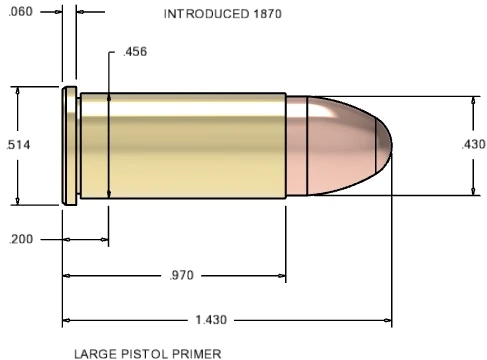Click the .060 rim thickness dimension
coord(21,12)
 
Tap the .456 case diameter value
coord(135,52)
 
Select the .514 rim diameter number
coord(18,145)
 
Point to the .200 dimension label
coord(21,239)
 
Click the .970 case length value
coord(181,275)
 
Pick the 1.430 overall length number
coord(211,320)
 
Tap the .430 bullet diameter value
coord(473,144)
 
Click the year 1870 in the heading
coord(267,14)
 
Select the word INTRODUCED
coord(206,14)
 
